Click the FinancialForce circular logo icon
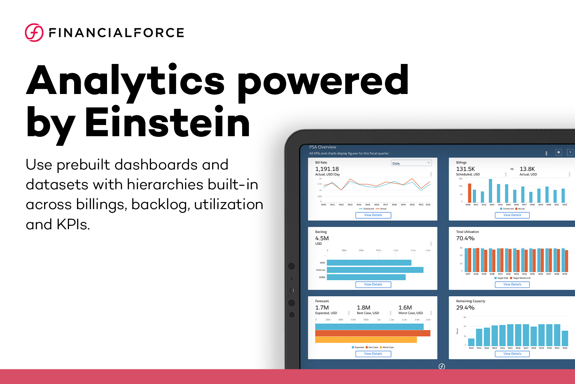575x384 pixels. (34, 33)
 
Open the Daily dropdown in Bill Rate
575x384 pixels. (411, 163)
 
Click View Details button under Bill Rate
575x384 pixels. (373, 215)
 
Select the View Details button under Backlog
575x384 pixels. (373, 285)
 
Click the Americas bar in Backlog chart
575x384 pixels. (375, 270)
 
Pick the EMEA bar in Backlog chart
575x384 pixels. (366, 277)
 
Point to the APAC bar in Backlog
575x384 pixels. (369, 263)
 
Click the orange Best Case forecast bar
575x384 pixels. (372, 333)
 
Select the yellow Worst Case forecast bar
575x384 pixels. (366, 340)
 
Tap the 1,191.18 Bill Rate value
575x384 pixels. (327, 169)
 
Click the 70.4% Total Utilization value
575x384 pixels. (465, 238)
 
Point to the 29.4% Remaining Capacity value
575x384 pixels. (465, 308)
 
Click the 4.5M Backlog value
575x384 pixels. (322, 238)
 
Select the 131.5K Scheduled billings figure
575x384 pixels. (465, 169)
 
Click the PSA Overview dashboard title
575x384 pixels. (323, 147)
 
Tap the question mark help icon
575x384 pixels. (570, 153)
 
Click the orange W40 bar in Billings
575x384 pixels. (470, 193)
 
